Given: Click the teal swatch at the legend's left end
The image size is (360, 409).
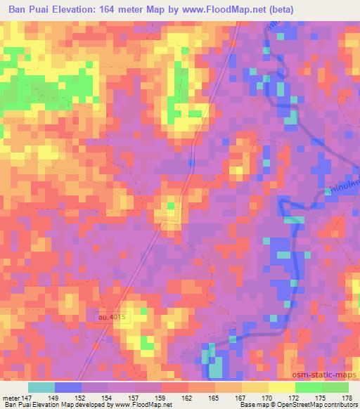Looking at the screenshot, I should (x=41, y=387).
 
